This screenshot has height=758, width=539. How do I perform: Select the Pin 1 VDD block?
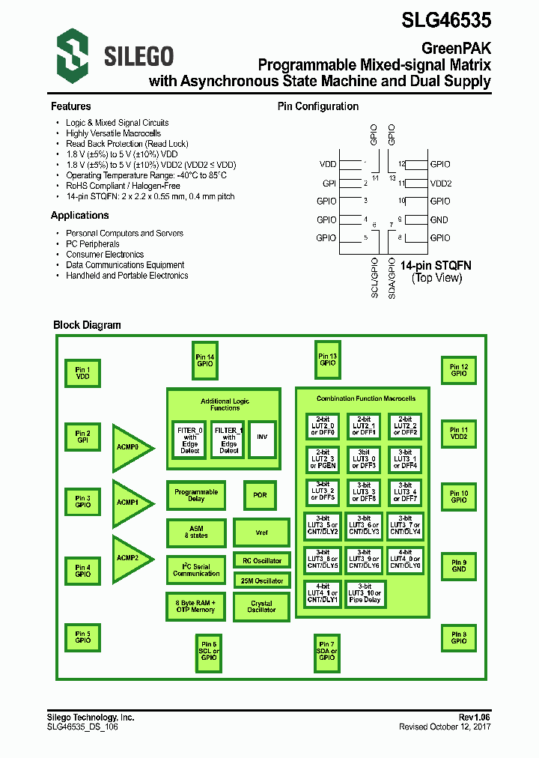(82, 373)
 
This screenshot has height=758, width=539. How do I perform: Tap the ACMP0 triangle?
(130, 448)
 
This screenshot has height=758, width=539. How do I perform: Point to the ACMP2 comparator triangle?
(130, 558)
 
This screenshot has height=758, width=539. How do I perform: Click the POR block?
(261, 495)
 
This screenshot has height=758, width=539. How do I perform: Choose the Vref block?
(261, 533)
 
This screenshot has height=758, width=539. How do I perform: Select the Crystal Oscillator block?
(261, 607)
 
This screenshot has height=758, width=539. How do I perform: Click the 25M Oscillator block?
(261, 580)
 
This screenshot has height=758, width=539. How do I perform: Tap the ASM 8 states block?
(195, 533)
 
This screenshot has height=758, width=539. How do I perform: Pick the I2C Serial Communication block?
(196, 570)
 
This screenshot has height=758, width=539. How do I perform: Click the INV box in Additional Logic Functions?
(261, 438)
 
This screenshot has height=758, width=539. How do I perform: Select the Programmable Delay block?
(196, 495)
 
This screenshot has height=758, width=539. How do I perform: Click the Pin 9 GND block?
(458, 566)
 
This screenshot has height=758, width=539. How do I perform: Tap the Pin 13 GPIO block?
(327, 360)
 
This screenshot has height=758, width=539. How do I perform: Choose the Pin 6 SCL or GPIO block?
(208, 650)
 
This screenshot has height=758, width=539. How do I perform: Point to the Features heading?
(70, 106)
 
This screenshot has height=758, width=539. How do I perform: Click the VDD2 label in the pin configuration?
(440, 183)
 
